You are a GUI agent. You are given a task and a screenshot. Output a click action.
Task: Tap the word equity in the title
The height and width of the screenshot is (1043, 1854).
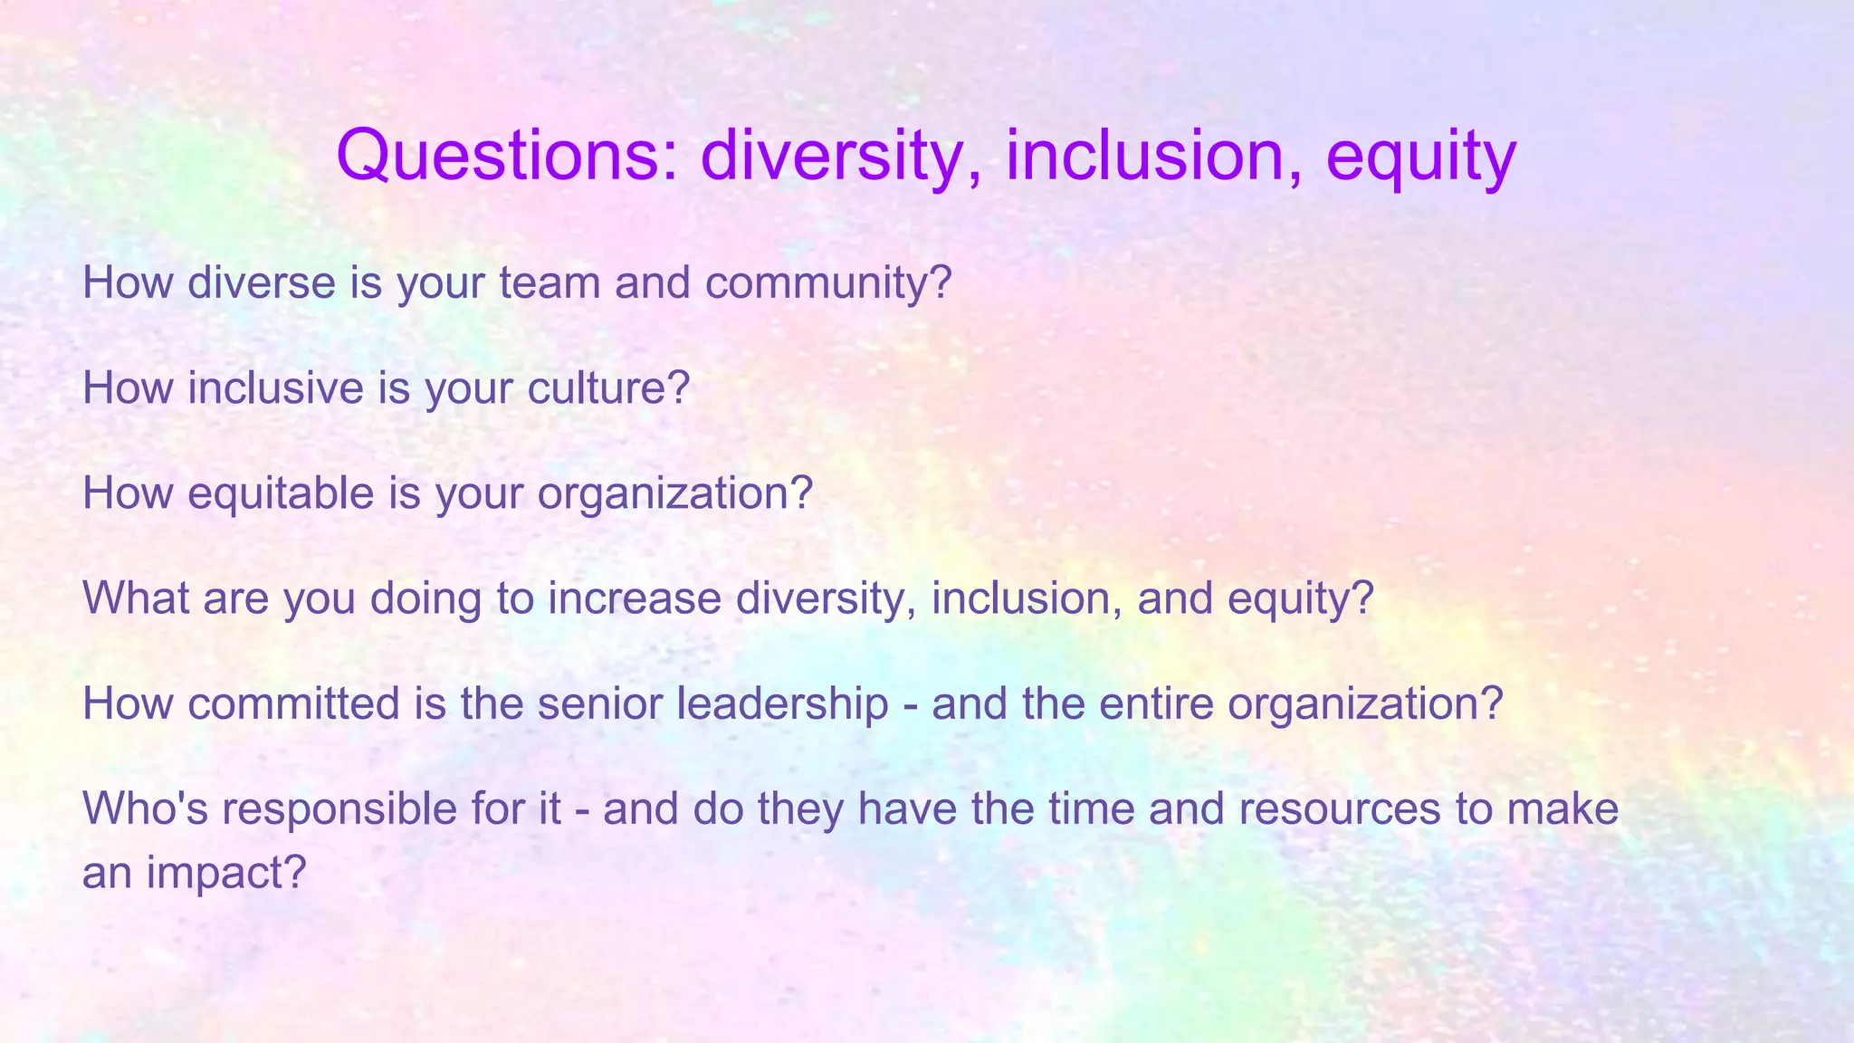(1420, 156)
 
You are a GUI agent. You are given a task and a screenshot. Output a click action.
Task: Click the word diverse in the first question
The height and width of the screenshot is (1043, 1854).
(262, 282)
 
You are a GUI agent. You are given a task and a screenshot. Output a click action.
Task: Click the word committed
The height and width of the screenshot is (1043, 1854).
(293, 703)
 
